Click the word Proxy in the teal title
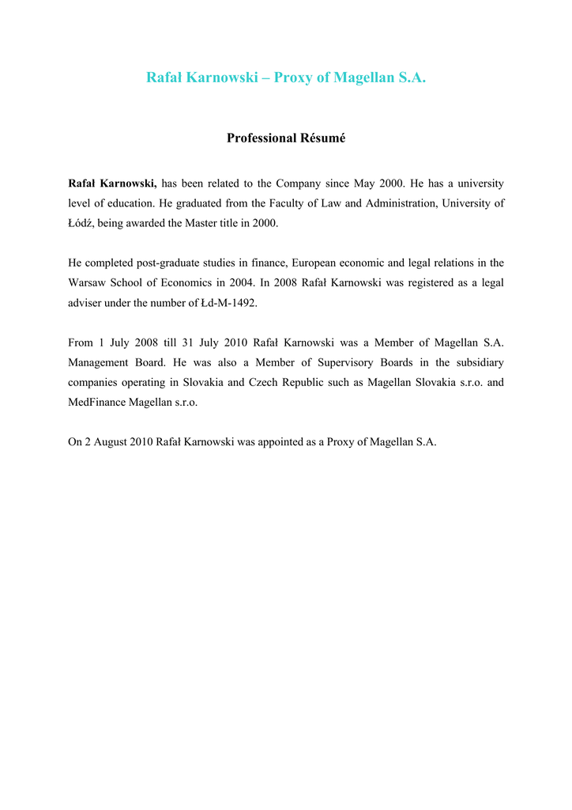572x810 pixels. click(x=292, y=78)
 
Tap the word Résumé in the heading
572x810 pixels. click(x=323, y=138)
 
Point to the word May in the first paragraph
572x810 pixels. click(x=364, y=184)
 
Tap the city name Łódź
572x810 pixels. click(x=81, y=224)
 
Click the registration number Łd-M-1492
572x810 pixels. click(x=227, y=303)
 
